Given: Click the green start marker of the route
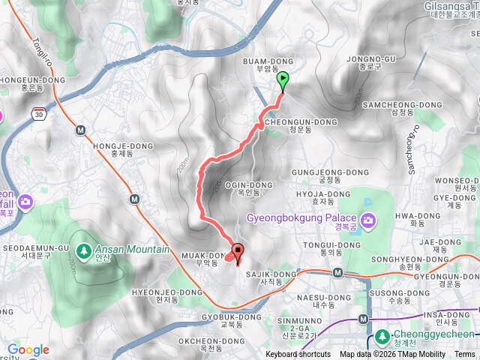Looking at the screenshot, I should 283,79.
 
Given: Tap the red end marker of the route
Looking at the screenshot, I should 238,252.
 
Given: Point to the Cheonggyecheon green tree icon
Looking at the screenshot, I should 382,335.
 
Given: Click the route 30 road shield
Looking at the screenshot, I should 39,113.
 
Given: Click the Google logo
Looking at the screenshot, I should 28,350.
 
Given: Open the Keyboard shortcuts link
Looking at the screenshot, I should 298,355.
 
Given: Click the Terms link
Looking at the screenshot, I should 465,355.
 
